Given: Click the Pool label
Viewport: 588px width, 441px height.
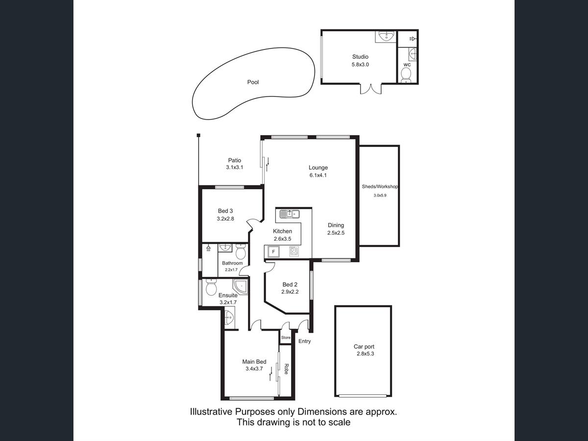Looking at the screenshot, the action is [x=253, y=82].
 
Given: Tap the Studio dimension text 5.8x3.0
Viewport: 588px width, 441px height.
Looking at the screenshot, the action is [x=360, y=65].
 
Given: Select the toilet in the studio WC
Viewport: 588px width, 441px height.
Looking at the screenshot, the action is [x=406, y=75].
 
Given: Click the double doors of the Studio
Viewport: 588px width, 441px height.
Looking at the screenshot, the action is [x=371, y=89].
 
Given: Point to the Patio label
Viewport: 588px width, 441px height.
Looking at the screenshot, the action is [x=234, y=160].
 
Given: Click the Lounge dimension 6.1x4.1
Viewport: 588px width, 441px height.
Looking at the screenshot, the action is [x=318, y=175].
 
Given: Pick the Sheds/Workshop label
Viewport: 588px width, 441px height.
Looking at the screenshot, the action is [x=380, y=187].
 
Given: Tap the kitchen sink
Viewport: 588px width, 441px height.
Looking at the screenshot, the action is [x=290, y=214].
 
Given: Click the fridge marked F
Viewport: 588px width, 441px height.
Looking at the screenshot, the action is [x=273, y=252].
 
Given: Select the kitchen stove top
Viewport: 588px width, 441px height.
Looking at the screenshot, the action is [x=294, y=251].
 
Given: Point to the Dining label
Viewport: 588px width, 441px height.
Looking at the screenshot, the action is [x=336, y=225].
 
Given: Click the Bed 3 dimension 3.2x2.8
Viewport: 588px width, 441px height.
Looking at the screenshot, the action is [x=225, y=219].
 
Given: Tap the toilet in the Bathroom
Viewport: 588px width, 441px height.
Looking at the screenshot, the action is [x=241, y=251].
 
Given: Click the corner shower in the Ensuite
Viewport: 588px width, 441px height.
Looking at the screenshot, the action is [x=241, y=287].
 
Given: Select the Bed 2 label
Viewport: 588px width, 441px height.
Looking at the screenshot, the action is [x=290, y=285].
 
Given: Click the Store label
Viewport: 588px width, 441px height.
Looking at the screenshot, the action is [x=286, y=338].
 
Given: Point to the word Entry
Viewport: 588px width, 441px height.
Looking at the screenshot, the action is [x=305, y=342].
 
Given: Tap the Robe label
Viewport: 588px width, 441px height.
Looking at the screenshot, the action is [x=286, y=369].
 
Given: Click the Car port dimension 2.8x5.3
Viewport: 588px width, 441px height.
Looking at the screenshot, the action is [x=365, y=354].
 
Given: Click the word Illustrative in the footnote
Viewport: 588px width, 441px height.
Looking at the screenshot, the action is [x=211, y=412].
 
